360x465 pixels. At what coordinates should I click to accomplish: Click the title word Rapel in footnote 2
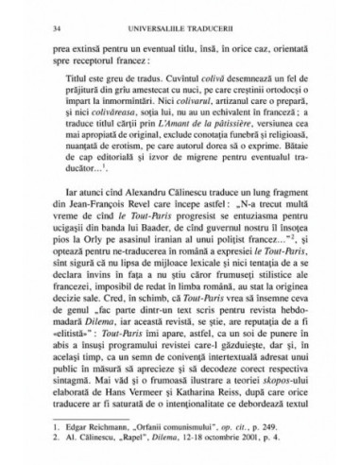point(124,439)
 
